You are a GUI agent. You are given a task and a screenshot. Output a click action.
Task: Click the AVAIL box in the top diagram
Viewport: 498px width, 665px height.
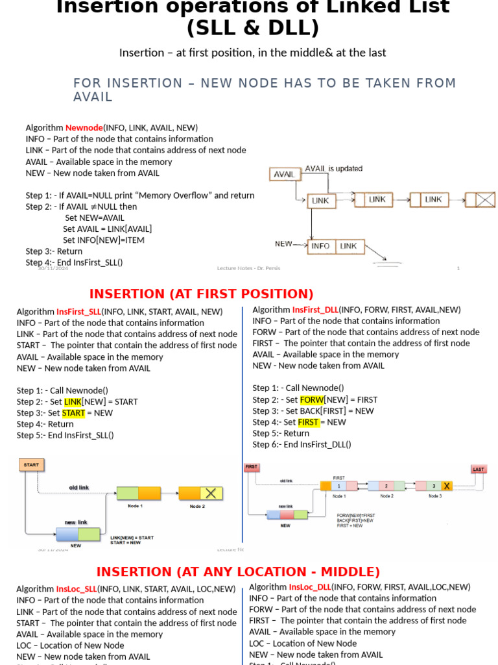pos(284,174)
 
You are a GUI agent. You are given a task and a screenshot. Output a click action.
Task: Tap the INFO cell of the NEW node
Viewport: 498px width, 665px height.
pos(321,246)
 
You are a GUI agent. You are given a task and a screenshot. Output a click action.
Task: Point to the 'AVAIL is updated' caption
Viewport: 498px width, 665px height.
pos(334,168)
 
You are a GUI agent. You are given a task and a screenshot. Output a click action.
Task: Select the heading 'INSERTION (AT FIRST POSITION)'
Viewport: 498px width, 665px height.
pos(201,294)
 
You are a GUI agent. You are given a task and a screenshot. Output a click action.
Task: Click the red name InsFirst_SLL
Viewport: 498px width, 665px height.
pos(78,312)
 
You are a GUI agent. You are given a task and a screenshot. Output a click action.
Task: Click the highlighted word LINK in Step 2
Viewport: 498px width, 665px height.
pos(73,402)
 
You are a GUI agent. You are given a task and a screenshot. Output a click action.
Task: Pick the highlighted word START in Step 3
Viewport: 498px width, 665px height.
pos(73,413)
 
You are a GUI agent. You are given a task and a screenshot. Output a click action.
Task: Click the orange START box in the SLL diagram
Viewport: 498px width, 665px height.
pos(31,465)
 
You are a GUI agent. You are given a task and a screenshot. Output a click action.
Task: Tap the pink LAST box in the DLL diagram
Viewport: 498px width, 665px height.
pos(479,469)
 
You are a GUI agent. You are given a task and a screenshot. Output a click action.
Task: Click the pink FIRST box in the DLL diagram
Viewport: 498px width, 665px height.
pos(252,467)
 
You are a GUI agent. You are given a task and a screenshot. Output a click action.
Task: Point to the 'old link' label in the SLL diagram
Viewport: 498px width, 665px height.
pos(79,487)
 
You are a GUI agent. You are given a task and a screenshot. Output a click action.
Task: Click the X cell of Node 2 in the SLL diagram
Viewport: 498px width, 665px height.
pos(210,494)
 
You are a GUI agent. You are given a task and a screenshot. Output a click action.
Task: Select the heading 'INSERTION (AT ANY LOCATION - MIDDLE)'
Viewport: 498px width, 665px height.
pos(238,572)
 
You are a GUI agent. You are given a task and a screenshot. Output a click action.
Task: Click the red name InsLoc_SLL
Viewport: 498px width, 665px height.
pos(77,589)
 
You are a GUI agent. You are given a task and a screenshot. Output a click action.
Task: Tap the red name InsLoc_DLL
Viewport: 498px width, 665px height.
pos(309,587)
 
